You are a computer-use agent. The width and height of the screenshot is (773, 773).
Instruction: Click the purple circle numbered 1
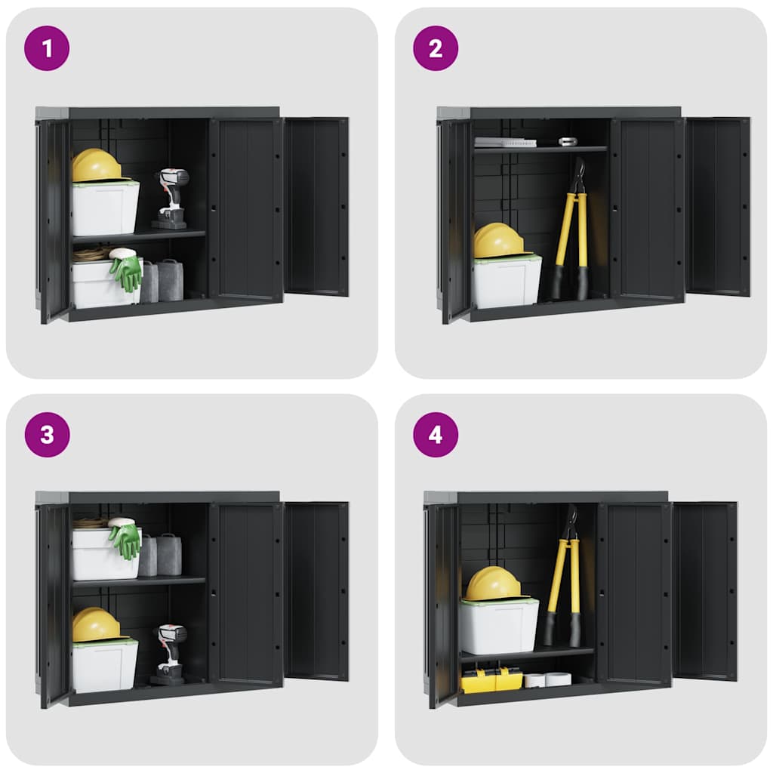point(47,48)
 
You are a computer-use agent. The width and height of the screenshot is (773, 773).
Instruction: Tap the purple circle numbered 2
point(436,48)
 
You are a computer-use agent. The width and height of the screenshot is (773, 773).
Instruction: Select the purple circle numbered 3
point(47,435)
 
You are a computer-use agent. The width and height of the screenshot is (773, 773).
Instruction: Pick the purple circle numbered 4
point(436,435)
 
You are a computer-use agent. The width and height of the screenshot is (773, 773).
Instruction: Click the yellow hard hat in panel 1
point(96,165)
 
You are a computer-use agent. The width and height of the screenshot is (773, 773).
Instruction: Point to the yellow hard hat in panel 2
point(498,241)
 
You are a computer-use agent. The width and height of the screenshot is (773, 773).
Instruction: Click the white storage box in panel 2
point(507,281)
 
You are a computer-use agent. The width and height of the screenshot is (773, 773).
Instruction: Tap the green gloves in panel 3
point(125,539)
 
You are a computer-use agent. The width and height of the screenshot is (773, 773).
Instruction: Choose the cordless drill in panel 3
point(170,652)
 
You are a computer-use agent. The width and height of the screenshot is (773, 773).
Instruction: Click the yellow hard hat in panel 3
point(96,625)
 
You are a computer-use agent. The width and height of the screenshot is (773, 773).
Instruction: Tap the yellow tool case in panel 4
point(491,680)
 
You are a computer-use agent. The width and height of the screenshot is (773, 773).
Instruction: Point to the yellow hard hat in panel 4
point(493,584)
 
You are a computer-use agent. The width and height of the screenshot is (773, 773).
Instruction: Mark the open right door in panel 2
point(718,205)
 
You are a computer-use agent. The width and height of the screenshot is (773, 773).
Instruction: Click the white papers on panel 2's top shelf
point(504,142)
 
